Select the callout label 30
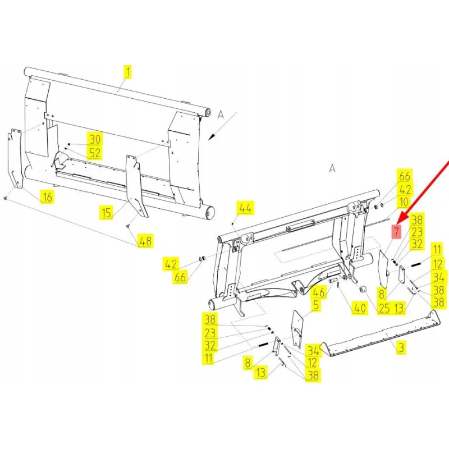click(x=94, y=139)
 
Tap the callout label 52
click(x=94, y=152)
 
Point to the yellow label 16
click(x=47, y=196)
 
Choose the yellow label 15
click(x=106, y=212)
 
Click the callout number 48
click(x=145, y=241)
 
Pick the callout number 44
click(x=245, y=207)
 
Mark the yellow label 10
click(x=404, y=202)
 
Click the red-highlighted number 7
click(x=397, y=231)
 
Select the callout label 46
click(x=319, y=292)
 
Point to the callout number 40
click(x=359, y=308)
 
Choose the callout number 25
click(x=384, y=308)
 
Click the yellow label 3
click(x=401, y=348)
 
